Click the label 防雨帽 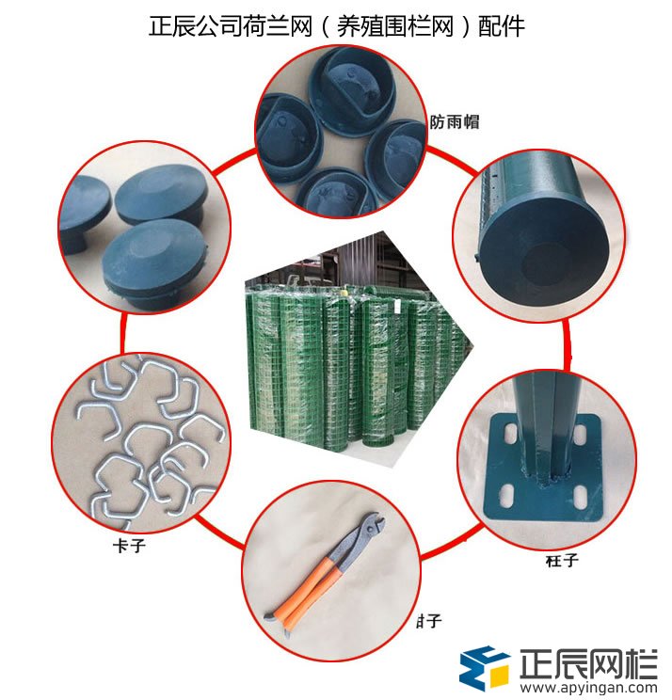[x=450, y=122]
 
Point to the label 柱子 [x=561, y=561]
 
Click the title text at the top [x=336, y=26]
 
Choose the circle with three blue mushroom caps [x=137, y=226]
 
